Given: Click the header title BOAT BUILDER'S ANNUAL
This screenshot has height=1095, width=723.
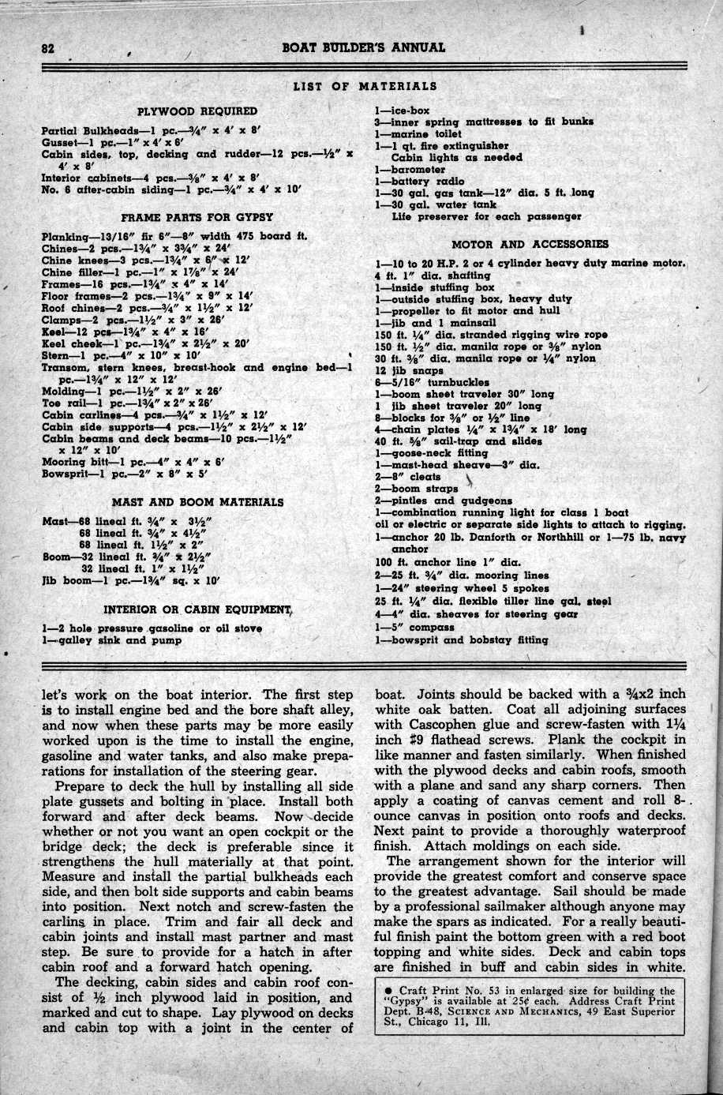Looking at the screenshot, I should pos(363,47).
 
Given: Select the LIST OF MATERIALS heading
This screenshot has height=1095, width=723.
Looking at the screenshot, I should pos(365,86).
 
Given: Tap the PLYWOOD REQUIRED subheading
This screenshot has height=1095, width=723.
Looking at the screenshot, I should pos(197,111).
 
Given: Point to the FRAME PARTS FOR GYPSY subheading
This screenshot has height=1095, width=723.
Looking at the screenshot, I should pos(197,216).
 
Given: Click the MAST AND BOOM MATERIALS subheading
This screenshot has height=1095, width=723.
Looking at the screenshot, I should pos(197,501).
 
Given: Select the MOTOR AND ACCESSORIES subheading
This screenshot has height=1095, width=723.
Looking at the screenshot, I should pos(530,244).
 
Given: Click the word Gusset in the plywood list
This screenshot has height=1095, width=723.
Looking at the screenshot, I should pos(59,142).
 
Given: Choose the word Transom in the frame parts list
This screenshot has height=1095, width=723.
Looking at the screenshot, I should pos(64,367).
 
